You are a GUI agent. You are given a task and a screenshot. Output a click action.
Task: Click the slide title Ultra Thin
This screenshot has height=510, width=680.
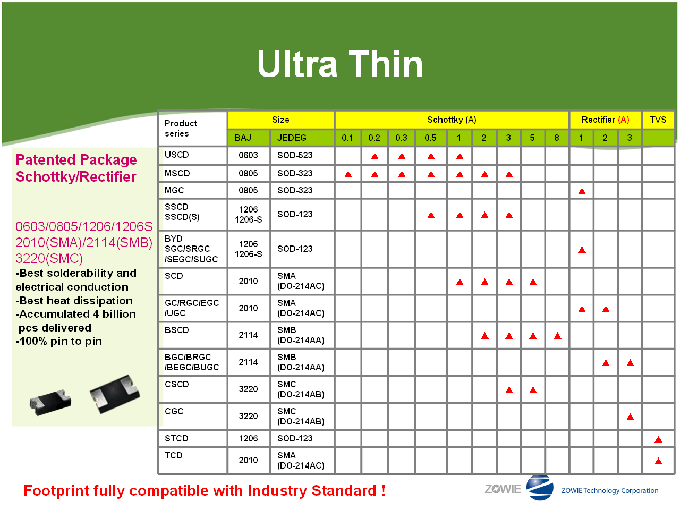pyautogui.click(x=340, y=64)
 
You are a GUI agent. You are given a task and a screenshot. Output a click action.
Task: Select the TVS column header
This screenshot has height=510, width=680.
pyautogui.click(x=658, y=120)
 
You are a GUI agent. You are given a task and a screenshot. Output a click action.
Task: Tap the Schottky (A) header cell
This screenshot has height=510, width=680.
pyautogui.click(x=452, y=120)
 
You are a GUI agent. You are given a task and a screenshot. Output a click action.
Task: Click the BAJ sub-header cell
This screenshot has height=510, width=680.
pyautogui.click(x=249, y=138)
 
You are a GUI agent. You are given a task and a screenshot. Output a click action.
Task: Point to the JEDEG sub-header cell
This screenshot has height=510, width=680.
pyautogui.click(x=302, y=138)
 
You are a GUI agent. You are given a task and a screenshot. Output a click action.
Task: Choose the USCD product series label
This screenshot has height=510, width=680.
pyautogui.click(x=176, y=155)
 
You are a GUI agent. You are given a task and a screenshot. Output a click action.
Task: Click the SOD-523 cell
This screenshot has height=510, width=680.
pyautogui.click(x=295, y=155)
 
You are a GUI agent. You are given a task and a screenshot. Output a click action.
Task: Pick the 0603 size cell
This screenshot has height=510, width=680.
pyautogui.click(x=248, y=155)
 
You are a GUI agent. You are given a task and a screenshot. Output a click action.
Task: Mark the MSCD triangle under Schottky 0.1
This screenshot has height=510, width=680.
pyautogui.click(x=348, y=174)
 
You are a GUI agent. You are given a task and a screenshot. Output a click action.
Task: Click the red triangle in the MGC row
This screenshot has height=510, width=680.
pyautogui.click(x=582, y=191)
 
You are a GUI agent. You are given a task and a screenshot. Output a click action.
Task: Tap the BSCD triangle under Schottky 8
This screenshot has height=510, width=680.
pyautogui.click(x=557, y=336)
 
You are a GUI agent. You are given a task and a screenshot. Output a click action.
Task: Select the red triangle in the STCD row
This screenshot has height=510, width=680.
pyautogui.click(x=658, y=439)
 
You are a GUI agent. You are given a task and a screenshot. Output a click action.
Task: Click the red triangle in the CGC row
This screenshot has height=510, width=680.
pyautogui.click(x=630, y=417)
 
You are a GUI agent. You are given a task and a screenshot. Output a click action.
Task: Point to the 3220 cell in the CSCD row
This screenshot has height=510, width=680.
pyautogui.click(x=248, y=389)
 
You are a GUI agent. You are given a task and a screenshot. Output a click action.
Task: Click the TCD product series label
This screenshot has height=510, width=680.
pyautogui.click(x=174, y=455)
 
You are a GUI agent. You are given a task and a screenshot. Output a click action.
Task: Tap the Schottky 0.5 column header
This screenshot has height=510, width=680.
pyautogui.click(x=430, y=138)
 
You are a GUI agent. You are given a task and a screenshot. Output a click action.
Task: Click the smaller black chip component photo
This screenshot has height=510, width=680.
pyautogui.click(x=50, y=403)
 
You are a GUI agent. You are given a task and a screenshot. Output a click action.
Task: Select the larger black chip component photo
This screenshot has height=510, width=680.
pyautogui.click(x=115, y=394)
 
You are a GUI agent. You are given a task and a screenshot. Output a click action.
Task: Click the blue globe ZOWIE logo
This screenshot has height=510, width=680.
pyautogui.click(x=540, y=487)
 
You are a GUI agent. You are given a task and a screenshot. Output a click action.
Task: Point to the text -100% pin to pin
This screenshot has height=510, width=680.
pyautogui.click(x=58, y=341)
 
